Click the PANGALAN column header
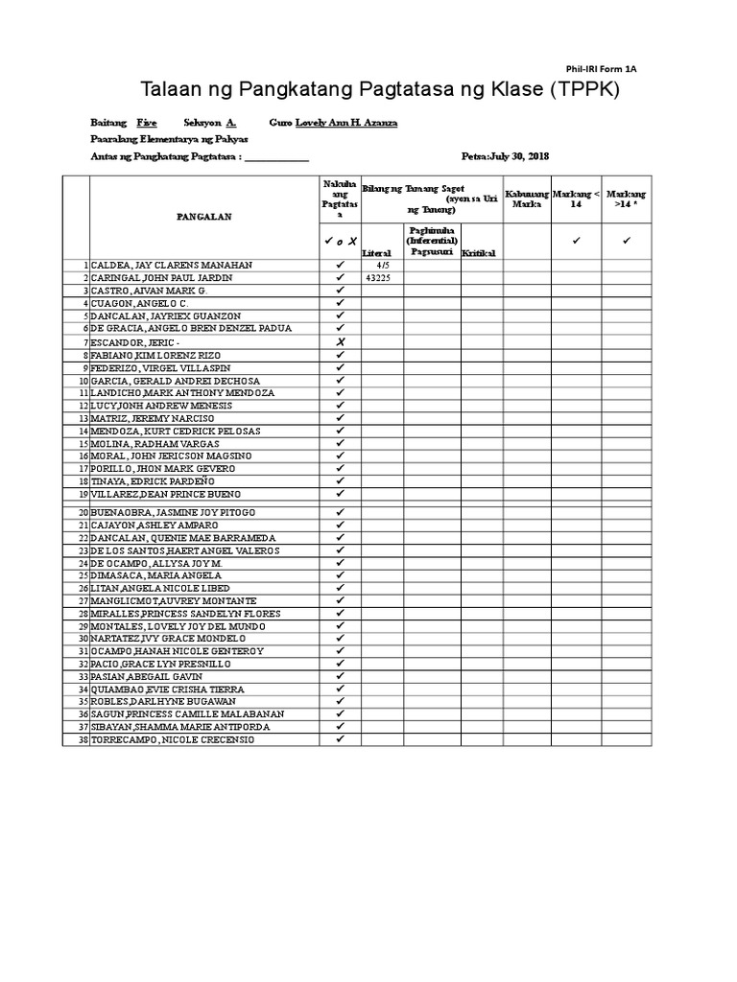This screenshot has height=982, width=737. pos(204,218)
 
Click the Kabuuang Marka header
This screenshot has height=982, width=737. pos(527,199)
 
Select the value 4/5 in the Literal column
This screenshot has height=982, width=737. pos(382,265)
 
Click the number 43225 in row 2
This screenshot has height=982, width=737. pos(381,277)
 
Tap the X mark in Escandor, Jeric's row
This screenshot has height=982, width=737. pos(339,341)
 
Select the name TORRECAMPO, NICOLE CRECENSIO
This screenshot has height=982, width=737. pos(173,739)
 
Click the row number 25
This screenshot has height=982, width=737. pos(83,576)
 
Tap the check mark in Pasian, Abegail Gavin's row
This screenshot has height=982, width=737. pos(339,676)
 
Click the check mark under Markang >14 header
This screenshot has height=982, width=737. pos(627,241)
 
